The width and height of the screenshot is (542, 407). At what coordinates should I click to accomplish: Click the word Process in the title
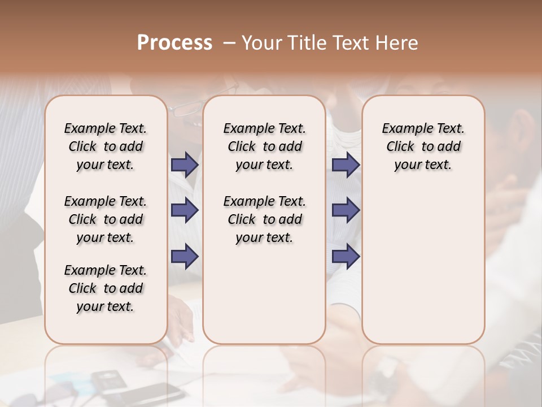pyautogui.click(x=174, y=42)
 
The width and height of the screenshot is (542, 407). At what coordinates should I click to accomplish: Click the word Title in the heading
pyautogui.click(x=304, y=42)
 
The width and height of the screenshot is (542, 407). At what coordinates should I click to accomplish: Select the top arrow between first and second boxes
pyautogui.click(x=184, y=164)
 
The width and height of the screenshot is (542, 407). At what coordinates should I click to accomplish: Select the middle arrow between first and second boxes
pyautogui.click(x=184, y=210)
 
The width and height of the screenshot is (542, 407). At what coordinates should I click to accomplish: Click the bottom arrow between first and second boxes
pyautogui.click(x=184, y=256)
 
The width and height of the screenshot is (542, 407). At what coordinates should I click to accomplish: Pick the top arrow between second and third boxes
pyautogui.click(x=346, y=164)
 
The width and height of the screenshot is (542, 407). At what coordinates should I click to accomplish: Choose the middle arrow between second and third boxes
pyautogui.click(x=346, y=210)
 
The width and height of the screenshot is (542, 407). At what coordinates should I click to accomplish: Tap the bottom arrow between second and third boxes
pyautogui.click(x=346, y=256)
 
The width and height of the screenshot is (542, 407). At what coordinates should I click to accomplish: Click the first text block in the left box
pyautogui.click(x=106, y=146)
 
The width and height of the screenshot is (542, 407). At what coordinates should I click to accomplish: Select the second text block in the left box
pyautogui.click(x=106, y=219)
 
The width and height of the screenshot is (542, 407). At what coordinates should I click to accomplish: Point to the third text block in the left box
pyautogui.click(x=106, y=288)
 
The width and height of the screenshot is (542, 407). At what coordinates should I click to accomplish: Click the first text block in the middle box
pyautogui.click(x=264, y=146)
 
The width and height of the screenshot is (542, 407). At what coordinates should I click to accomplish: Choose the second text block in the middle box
pyautogui.click(x=264, y=219)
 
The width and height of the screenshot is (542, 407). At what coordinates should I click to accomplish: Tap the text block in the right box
pyautogui.click(x=423, y=146)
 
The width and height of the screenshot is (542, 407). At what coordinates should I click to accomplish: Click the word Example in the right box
pyautogui.click(x=403, y=129)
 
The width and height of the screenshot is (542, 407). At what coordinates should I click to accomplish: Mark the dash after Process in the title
pyautogui.click(x=228, y=43)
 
